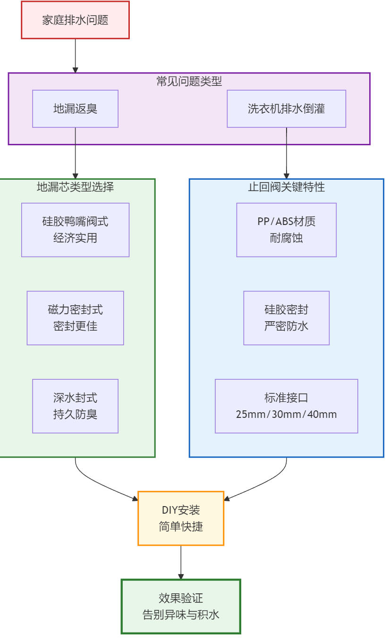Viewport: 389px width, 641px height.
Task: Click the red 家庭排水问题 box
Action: pos(75,20)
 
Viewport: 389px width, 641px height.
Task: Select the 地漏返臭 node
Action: pos(75,108)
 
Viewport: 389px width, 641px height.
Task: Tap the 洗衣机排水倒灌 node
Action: pos(286,108)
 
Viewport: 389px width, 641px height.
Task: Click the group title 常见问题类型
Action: pos(189,81)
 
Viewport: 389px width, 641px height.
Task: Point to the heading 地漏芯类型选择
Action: pos(75,187)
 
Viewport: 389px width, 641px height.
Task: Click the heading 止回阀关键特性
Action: pos(286,187)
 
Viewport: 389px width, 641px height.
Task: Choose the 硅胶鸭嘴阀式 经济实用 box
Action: pos(75,230)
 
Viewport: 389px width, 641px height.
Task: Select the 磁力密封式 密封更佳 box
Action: pos(75,318)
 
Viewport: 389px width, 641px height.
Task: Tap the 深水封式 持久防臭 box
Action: pos(75,406)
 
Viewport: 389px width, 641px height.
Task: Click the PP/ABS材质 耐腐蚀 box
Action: pos(286,230)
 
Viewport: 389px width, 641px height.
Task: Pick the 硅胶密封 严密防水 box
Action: pos(286,318)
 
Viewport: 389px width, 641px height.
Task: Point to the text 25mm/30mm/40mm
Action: pos(286,415)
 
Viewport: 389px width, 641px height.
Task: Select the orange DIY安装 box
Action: pos(181,518)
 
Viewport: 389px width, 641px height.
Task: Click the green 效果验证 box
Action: pos(181,606)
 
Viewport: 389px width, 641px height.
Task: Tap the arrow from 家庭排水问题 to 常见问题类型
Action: pos(75,56)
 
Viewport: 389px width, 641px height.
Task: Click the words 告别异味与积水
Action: pos(181,615)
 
